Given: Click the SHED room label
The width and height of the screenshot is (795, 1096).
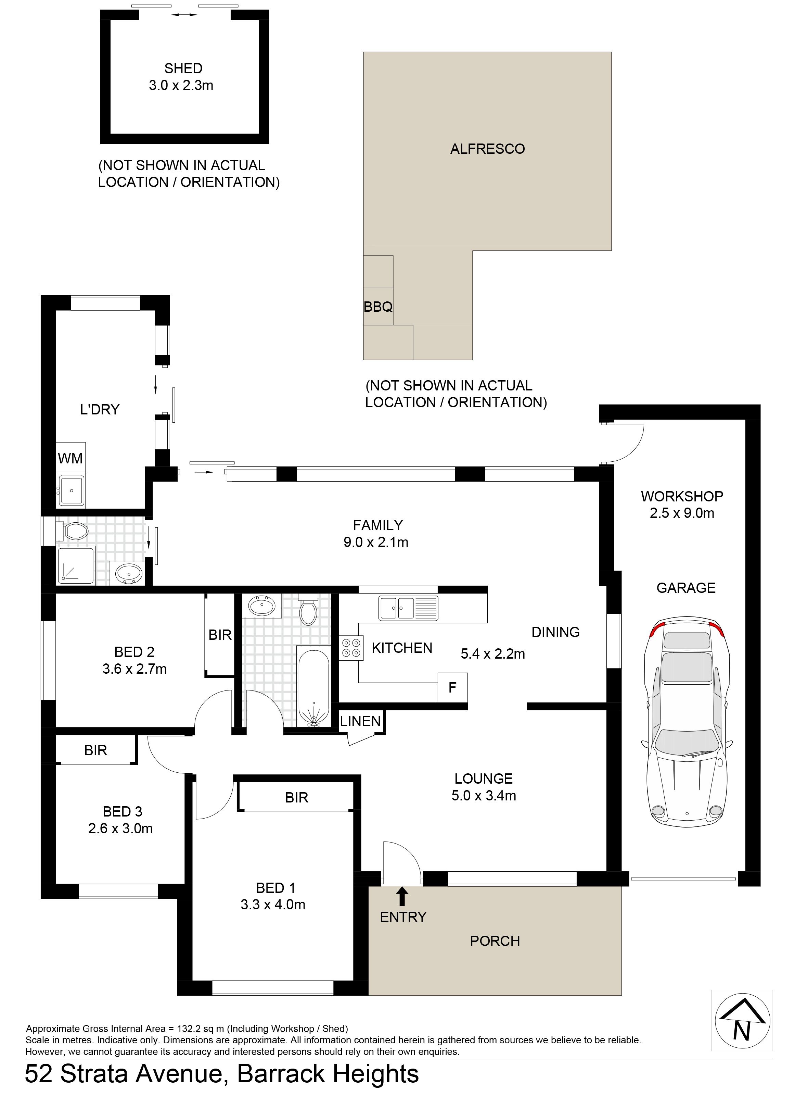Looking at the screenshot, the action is click(x=183, y=68).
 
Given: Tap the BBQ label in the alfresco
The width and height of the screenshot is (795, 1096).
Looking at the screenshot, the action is click(x=378, y=307).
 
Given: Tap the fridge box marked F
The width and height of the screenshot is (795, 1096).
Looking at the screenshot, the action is click(x=452, y=688).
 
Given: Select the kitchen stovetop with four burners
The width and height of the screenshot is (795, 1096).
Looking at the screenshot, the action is click(x=351, y=648).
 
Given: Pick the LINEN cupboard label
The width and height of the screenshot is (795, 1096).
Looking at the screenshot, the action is click(x=360, y=721).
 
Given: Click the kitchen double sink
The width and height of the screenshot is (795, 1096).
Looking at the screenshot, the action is click(x=409, y=608).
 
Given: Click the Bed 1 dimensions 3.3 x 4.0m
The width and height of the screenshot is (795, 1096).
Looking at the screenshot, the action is click(x=273, y=905).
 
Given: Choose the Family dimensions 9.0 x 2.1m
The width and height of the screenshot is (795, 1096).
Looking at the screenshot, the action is click(x=376, y=542).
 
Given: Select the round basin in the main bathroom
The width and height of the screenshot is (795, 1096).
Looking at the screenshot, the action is click(x=262, y=606).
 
